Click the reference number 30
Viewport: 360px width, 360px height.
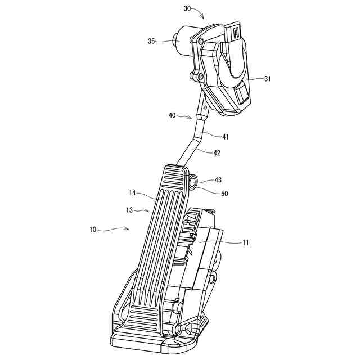pyautogui.click(x=187, y=8)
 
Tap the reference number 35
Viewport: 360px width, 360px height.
pyautogui.click(x=151, y=41)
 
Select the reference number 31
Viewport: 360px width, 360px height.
pyautogui.click(x=267, y=79)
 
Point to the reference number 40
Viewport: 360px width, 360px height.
pyautogui.click(x=172, y=115)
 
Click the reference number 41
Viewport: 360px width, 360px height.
pyautogui.click(x=225, y=136)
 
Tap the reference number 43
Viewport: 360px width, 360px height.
pyautogui.click(x=218, y=180)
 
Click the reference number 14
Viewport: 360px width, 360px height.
pyautogui.click(x=133, y=193)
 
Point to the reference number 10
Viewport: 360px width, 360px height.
pyautogui.click(x=93, y=229)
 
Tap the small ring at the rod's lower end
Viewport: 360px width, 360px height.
pyautogui.click(x=193, y=181)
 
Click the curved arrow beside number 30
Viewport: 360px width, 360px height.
pyautogui.click(x=201, y=13)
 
